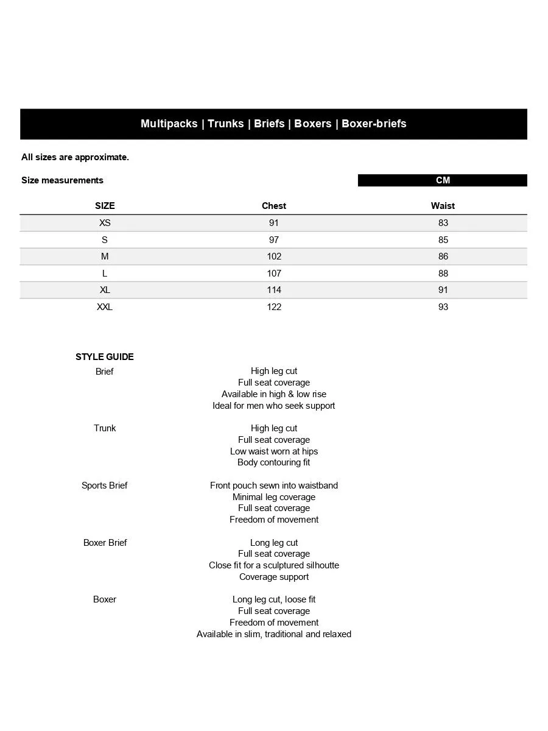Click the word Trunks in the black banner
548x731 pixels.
click(x=225, y=124)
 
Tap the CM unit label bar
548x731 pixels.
click(x=443, y=180)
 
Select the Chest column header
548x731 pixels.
click(x=274, y=206)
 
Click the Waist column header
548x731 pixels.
click(x=443, y=206)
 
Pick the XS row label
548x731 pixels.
click(x=105, y=223)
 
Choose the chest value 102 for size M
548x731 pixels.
click(x=274, y=256)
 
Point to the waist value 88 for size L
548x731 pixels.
click(x=443, y=274)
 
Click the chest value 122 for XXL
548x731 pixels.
click(x=274, y=307)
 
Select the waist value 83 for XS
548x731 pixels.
click(x=443, y=223)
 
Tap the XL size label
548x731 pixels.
click(x=105, y=290)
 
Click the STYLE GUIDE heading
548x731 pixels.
click(x=105, y=357)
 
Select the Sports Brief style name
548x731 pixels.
click(x=105, y=486)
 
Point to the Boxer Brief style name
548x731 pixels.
click(x=105, y=543)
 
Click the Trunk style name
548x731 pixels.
click(x=105, y=428)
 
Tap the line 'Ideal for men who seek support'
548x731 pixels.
click(x=274, y=406)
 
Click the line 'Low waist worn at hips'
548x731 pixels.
click(x=274, y=451)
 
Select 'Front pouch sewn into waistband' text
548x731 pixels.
click(x=274, y=486)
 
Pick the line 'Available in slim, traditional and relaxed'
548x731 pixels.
click(x=274, y=634)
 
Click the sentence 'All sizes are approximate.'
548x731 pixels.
click(x=75, y=157)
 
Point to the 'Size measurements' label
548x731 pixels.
click(x=62, y=180)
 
